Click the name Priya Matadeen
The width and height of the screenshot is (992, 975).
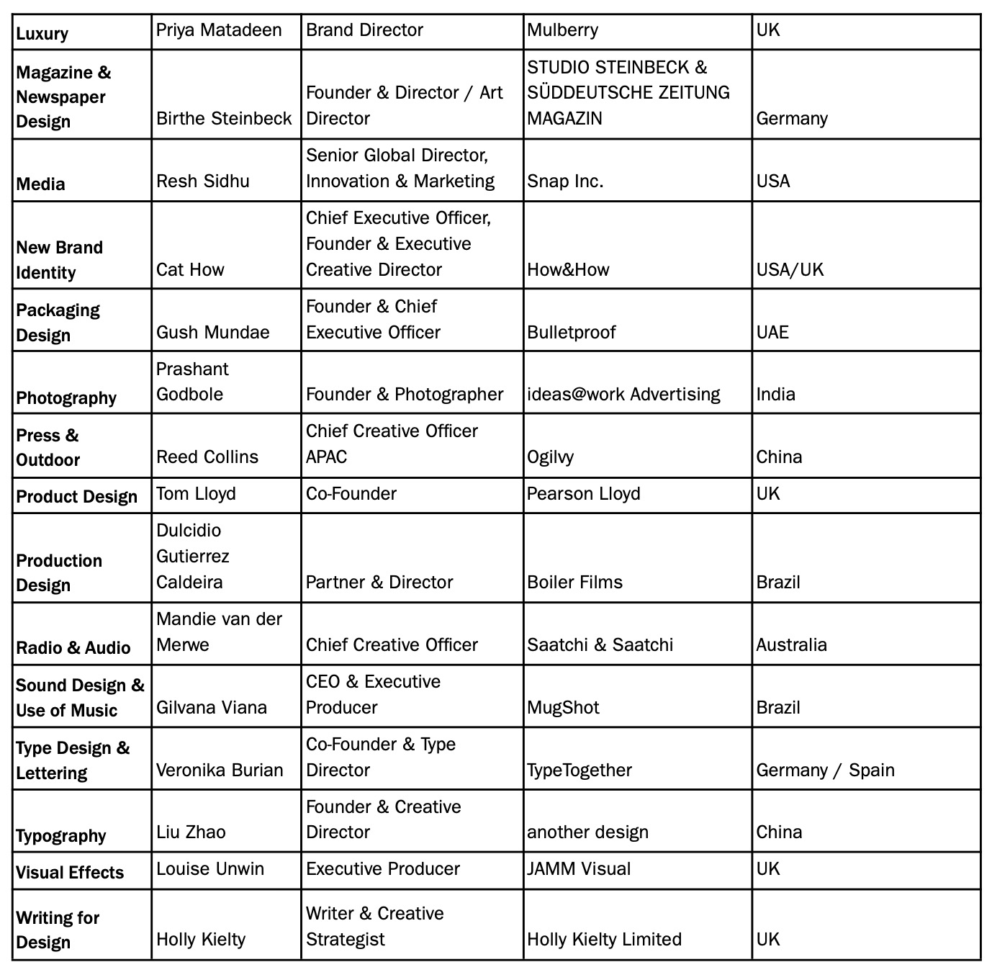click(219, 30)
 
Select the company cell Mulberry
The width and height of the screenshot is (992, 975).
click(562, 30)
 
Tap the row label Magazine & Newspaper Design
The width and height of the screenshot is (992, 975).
click(63, 96)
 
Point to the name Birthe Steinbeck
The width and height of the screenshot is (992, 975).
click(224, 118)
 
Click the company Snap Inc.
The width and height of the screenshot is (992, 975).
click(565, 181)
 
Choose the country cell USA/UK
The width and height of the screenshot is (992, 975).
click(790, 269)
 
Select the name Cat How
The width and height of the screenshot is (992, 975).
click(190, 269)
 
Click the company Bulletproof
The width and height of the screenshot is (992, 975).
click(572, 332)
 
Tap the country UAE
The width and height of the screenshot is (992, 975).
click(772, 332)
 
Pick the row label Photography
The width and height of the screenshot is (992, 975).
click(66, 397)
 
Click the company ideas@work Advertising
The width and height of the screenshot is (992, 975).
click(623, 394)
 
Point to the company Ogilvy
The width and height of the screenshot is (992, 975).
click(550, 457)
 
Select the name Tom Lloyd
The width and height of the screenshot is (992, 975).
click(196, 493)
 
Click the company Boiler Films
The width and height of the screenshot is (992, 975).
click(574, 582)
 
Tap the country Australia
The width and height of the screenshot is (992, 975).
click(791, 644)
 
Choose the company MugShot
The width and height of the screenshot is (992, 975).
click(563, 707)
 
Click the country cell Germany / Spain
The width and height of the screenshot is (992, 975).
click(825, 770)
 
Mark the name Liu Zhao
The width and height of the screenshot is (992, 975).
click(191, 832)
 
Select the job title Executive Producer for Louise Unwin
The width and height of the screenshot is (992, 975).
click(382, 868)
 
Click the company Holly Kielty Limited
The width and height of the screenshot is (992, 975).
click(604, 939)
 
